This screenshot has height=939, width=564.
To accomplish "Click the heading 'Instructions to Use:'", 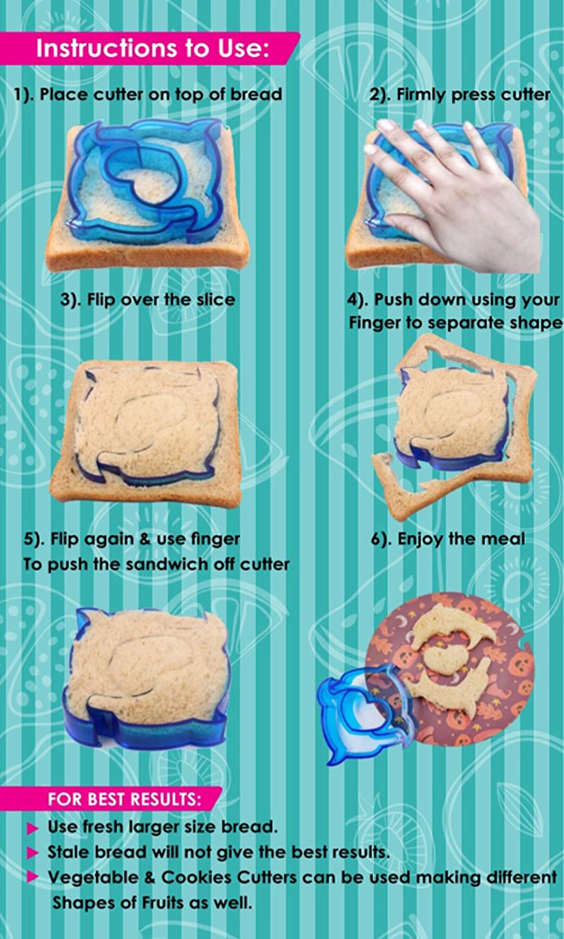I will (x=152, y=48).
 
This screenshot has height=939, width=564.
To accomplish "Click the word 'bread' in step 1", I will (x=256, y=95).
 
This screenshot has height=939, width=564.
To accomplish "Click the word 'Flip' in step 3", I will (x=102, y=299).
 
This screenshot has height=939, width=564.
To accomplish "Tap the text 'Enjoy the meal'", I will (x=461, y=538).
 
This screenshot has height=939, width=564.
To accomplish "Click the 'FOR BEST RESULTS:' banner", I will (x=124, y=799).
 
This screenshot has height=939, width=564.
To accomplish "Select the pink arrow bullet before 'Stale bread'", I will (x=33, y=853).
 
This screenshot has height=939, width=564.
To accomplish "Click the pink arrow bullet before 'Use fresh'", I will (x=33, y=828).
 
